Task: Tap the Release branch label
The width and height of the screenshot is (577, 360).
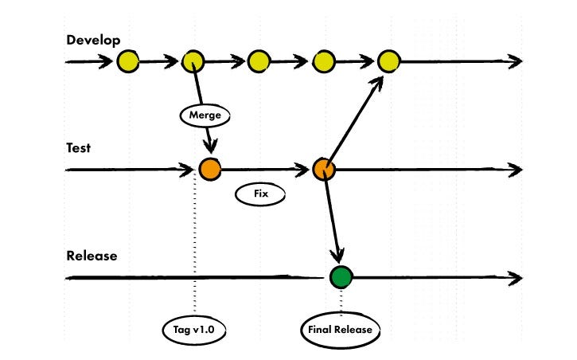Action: pos(92,256)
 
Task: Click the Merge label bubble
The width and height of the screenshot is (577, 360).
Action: pos(205,115)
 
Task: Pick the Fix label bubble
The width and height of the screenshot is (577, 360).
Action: pos(259,194)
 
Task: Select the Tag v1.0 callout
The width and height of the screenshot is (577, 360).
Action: pos(193,329)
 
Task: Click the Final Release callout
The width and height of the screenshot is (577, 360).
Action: pos(341,329)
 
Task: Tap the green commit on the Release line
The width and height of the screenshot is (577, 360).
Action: pos(341,277)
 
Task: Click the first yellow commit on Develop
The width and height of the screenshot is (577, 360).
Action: pos(127,61)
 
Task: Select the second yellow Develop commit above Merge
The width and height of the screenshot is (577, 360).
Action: pos(193,61)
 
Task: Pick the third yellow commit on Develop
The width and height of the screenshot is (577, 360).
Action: pos(259,61)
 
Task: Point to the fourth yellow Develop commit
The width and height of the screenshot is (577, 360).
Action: pos(323,61)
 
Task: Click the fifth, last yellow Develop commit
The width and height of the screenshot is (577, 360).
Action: pos(388,61)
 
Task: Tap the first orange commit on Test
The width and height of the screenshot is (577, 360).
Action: pos(209,169)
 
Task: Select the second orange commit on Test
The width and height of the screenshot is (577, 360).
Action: pos(323,169)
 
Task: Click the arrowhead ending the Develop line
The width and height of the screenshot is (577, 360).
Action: pos(516,61)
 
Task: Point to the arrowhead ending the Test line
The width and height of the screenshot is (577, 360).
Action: pos(516,169)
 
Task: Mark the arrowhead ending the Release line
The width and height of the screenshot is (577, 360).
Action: pos(516,277)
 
